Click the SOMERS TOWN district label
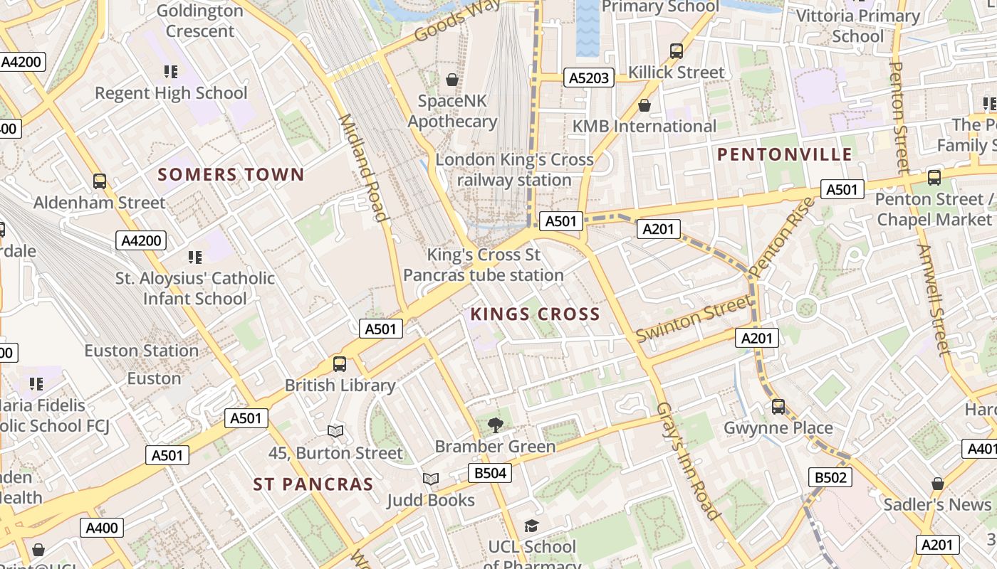click(231, 174)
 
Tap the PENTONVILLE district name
click(784, 154)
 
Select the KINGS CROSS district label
click(535, 314)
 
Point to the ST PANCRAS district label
click(313, 484)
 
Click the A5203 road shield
click(589, 78)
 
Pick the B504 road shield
click(490, 473)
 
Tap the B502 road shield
click(830, 477)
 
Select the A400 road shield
click(103, 528)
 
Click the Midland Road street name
click(362, 168)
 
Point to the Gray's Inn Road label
click(687, 461)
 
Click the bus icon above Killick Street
click(677, 51)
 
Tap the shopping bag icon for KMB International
click(644, 105)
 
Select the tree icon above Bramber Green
click(495, 425)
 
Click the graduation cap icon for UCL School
click(531, 526)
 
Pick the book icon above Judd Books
click(431, 479)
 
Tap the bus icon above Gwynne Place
click(778, 407)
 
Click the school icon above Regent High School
click(171, 71)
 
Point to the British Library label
click(340, 385)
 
